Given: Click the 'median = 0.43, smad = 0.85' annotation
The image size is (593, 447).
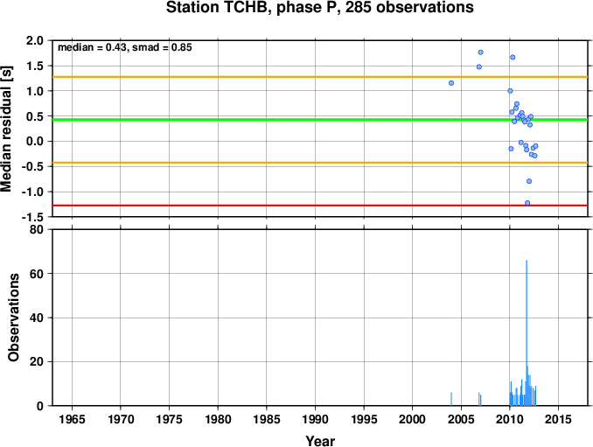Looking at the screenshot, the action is [x=125, y=47].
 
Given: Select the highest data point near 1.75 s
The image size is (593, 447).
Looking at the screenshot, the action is [x=481, y=52].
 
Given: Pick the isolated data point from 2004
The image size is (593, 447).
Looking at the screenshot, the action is [x=451, y=83].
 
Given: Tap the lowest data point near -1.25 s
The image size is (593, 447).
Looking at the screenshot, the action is [x=527, y=203].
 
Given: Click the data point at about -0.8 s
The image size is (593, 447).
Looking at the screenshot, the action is [x=529, y=182].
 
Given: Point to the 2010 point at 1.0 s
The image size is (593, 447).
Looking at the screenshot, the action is [x=510, y=91].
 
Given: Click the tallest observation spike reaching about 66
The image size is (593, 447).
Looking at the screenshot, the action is [x=527, y=332].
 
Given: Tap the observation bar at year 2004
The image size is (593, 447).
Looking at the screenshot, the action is [x=451, y=399].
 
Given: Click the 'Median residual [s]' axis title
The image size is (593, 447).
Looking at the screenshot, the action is [x=6, y=129].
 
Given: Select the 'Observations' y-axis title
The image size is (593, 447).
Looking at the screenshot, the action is [x=14, y=318].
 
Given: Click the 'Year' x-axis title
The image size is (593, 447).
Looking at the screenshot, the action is [x=320, y=441].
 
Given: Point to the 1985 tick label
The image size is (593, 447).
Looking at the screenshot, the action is [x=267, y=419].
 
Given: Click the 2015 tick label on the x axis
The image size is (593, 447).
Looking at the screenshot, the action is [x=558, y=419].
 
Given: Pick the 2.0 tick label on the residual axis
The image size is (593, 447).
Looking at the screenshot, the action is [x=35, y=40].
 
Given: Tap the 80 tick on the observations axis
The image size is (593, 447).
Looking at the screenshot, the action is [x=37, y=229].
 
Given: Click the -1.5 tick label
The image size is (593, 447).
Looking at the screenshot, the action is [x=32, y=217].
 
